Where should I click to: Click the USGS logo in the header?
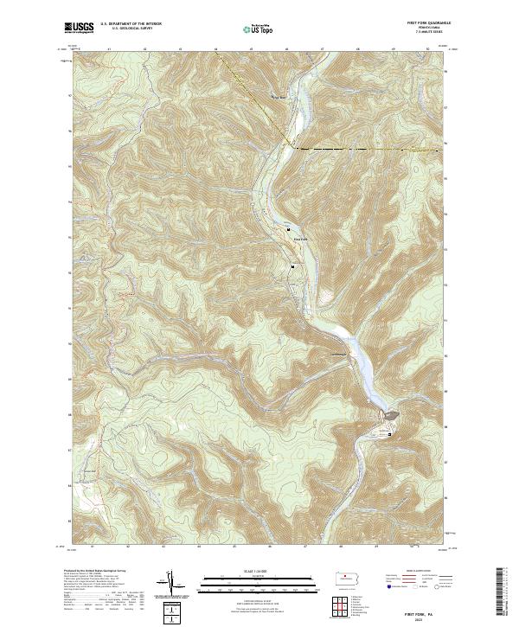click(x=80, y=28)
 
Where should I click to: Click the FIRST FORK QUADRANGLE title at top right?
click(x=421, y=23)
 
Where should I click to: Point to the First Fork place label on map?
click(x=299, y=239)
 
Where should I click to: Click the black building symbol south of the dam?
click(x=389, y=434)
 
